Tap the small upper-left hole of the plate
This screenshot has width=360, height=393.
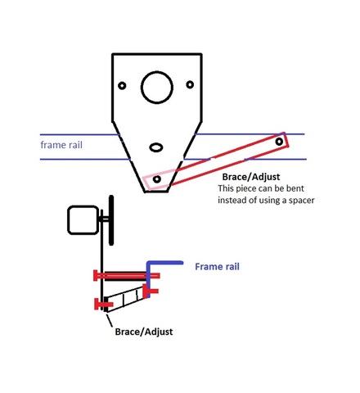tap(122, 86)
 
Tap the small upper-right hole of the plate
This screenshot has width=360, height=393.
tap(190, 84)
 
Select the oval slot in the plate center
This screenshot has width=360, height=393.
tap(155, 148)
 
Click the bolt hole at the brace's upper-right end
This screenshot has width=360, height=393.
tap(280, 142)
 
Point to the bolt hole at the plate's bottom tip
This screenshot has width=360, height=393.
tap(156, 178)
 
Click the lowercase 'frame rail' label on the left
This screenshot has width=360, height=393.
tap(61, 145)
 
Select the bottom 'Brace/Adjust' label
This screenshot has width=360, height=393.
tap(141, 332)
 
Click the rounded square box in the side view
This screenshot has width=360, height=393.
tap(83, 219)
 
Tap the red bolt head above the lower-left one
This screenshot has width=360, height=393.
tap(97, 275)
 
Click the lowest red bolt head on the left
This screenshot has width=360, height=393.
tap(98, 305)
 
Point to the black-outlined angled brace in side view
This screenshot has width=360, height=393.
tap(123, 300)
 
